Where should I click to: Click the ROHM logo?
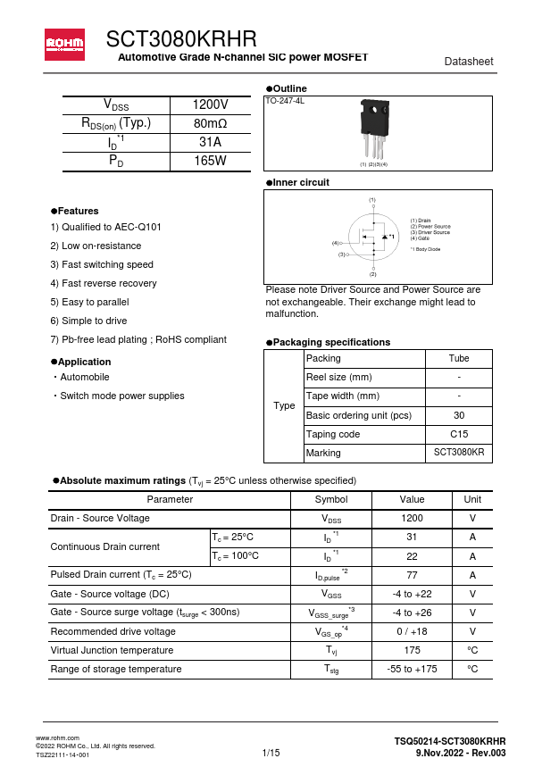(x=65, y=43)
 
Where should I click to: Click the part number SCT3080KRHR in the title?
(x=181, y=39)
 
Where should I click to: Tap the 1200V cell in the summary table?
(x=210, y=104)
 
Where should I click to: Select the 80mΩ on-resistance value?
(x=210, y=123)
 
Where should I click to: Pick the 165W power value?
(x=210, y=161)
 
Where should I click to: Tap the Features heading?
(x=78, y=211)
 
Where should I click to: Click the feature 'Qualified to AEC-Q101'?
(x=105, y=227)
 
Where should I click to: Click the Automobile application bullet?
(x=83, y=377)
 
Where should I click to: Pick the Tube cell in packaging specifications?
(x=459, y=358)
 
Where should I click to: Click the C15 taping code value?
(x=459, y=434)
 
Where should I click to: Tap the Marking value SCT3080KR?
(x=459, y=453)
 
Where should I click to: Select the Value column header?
(x=412, y=499)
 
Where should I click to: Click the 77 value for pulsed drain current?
(x=412, y=575)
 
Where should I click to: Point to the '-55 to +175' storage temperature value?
(x=412, y=669)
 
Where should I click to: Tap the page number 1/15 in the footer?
(x=271, y=754)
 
